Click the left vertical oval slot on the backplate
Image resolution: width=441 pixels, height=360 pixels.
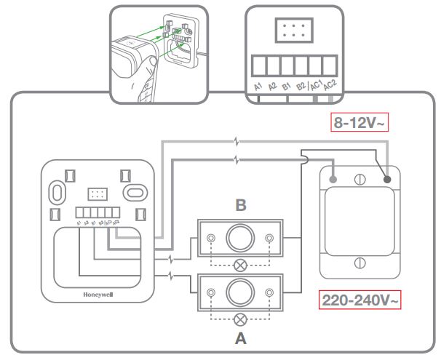55,191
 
